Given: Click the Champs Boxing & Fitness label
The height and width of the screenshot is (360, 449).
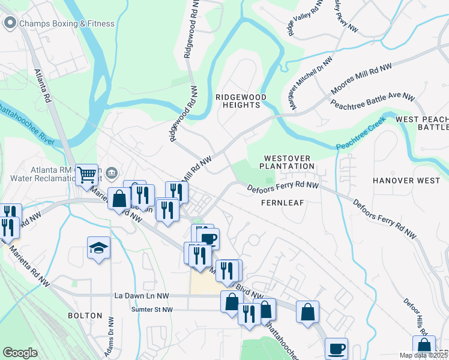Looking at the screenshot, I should tap(67, 24).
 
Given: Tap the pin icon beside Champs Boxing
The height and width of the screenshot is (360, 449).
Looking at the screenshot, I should tap(10, 23).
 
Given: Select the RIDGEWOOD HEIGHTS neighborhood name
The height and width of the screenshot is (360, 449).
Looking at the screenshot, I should tap(238, 100).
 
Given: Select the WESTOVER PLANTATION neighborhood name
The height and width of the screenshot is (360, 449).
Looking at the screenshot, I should tap(287, 161).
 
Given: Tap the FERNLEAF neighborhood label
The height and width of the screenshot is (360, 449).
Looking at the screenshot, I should tap(283, 203).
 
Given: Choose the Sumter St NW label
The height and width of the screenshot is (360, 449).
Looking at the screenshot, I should tap(152, 310).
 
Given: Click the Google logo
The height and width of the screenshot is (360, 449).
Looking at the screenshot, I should tap(20, 352).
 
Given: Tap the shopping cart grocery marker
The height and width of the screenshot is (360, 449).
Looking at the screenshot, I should tap(87, 175).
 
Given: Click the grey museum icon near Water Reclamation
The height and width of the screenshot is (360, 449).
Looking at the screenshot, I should tap(112, 174).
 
